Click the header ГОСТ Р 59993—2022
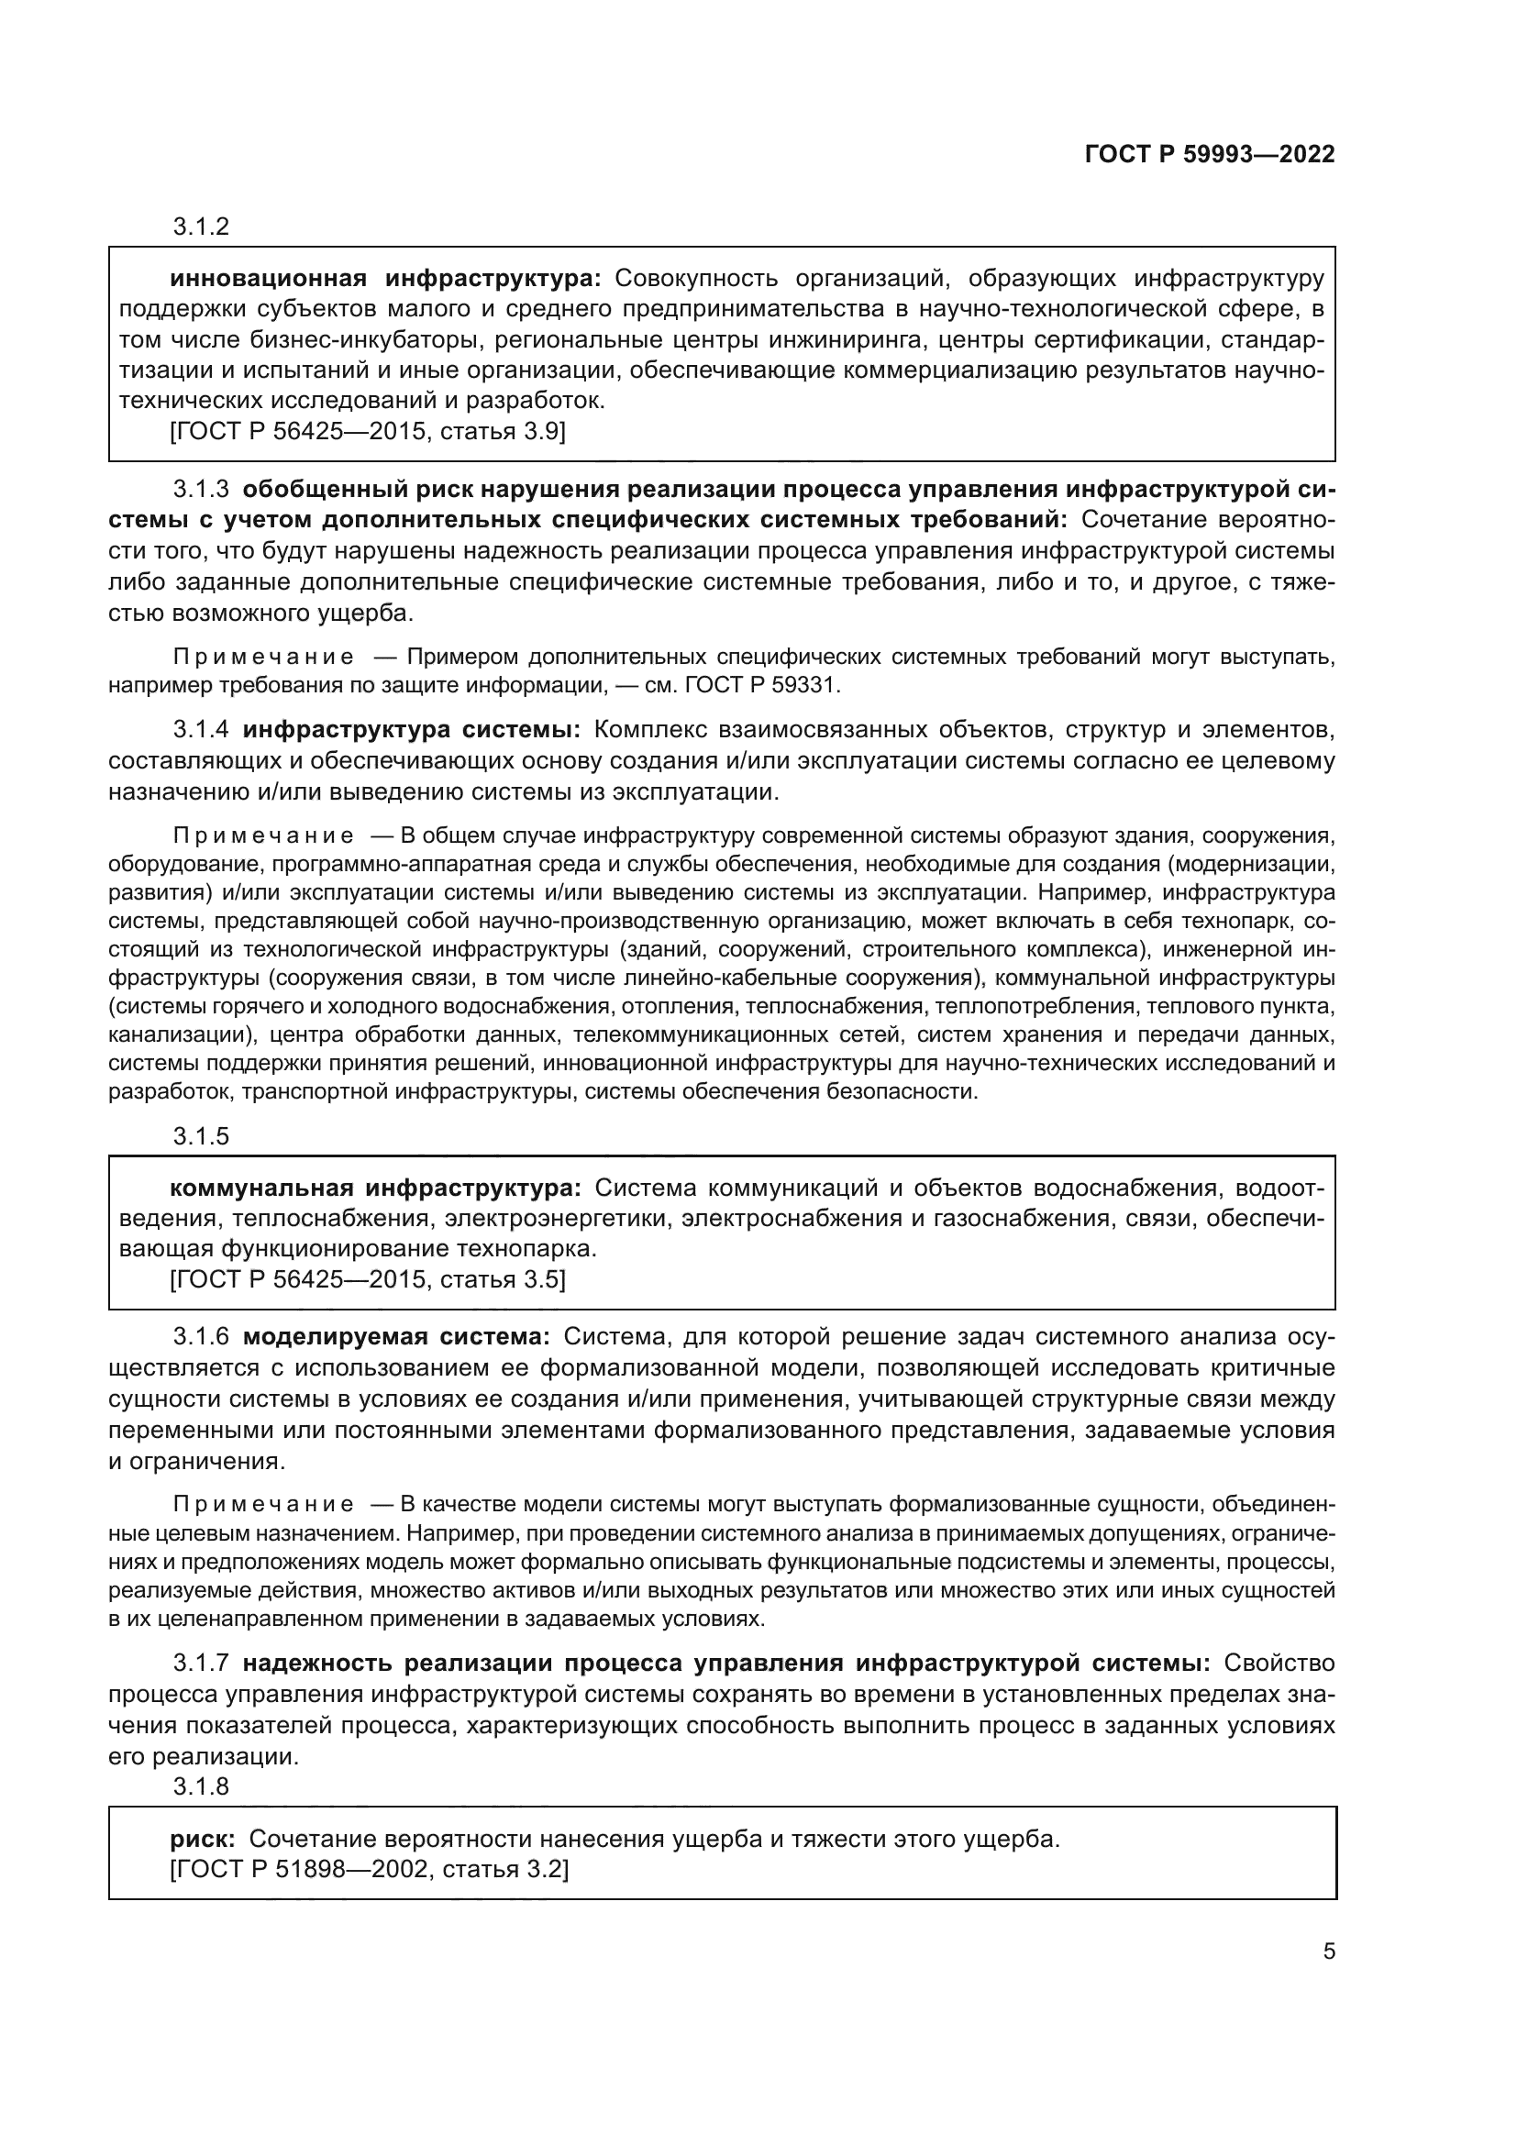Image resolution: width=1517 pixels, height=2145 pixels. pyautogui.click(x=1210, y=155)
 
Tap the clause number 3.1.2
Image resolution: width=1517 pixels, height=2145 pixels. pyautogui.click(x=201, y=227)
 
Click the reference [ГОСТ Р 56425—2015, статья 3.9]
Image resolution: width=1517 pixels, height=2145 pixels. pyautogui.click(x=368, y=432)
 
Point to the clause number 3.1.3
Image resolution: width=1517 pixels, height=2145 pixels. pyautogui.click(x=201, y=490)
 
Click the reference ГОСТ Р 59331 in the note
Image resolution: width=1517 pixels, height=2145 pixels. pyautogui.click(x=762, y=685)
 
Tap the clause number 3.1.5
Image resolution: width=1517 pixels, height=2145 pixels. pyautogui.click(x=201, y=1136)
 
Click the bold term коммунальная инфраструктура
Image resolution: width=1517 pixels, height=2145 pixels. pyautogui.click(x=375, y=1188)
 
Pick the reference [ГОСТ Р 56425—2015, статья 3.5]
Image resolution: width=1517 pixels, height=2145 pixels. pyautogui.click(x=368, y=1279)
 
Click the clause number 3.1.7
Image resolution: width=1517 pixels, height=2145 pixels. pyautogui.click(x=201, y=1663)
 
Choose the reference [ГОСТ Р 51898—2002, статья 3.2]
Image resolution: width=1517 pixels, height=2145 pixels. pyautogui.click(x=370, y=1869)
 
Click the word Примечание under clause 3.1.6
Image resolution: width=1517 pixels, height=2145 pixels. pyautogui.click(x=264, y=1504)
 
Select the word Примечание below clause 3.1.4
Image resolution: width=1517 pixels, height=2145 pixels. pyautogui.click(x=264, y=835)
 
